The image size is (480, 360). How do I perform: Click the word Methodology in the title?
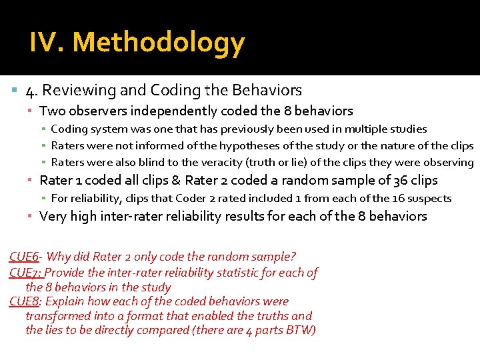point(159,43)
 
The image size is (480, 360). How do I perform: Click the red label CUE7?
point(25,272)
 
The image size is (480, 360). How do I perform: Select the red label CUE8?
point(25,301)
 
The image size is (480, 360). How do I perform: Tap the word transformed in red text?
point(55,316)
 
